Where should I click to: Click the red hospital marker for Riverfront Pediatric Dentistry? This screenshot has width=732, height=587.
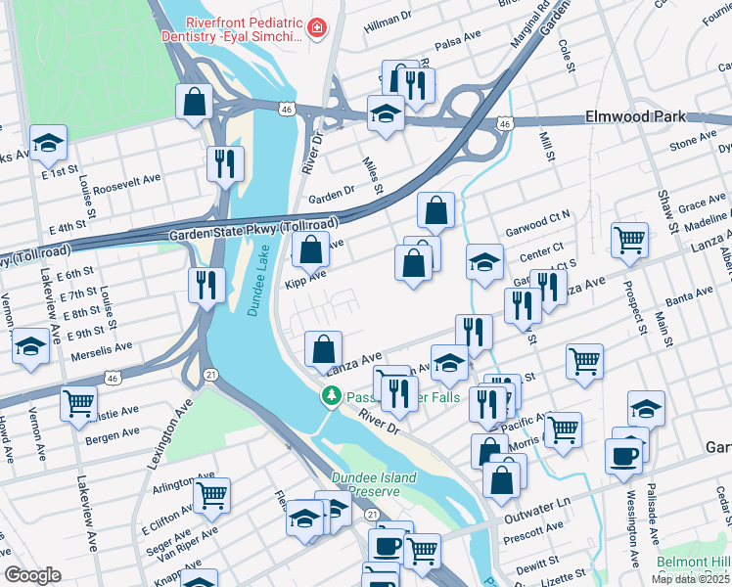click(316, 28)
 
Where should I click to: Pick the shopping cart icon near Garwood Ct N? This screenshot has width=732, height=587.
click(629, 238)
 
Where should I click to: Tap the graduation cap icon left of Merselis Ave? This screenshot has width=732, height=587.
click(30, 346)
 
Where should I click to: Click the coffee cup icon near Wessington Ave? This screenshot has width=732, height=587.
click(623, 456)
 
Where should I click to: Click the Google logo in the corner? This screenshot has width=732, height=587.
click(32, 575)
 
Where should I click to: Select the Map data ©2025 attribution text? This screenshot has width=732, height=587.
click(691, 579)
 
